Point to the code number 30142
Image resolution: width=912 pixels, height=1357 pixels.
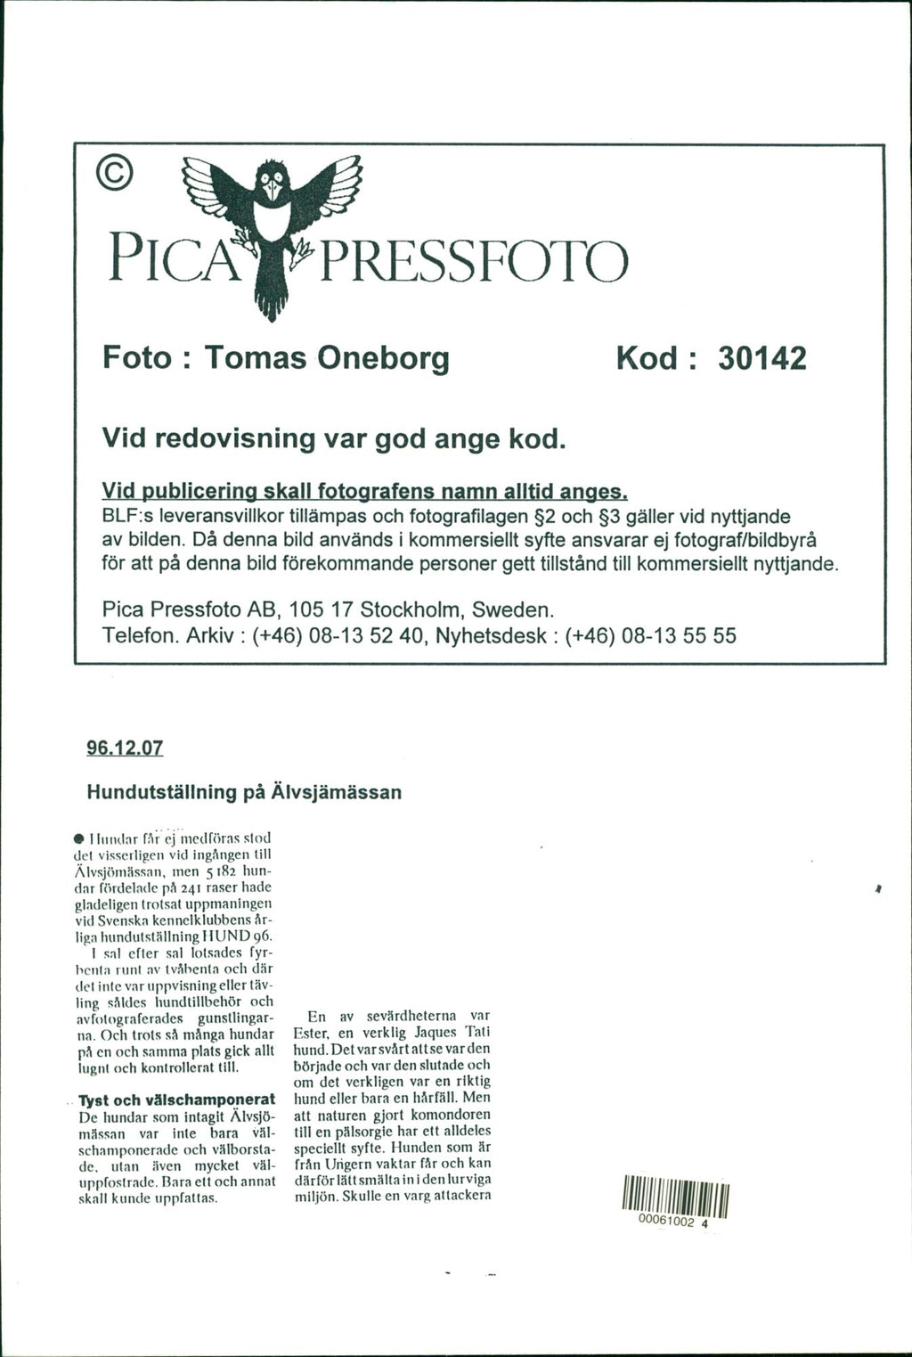[x=761, y=358]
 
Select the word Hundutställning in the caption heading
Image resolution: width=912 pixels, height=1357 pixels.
[x=161, y=791]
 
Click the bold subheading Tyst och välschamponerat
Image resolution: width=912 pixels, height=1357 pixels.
[x=176, y=1099]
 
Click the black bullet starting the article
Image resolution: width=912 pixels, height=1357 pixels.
[x=80, y=839]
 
